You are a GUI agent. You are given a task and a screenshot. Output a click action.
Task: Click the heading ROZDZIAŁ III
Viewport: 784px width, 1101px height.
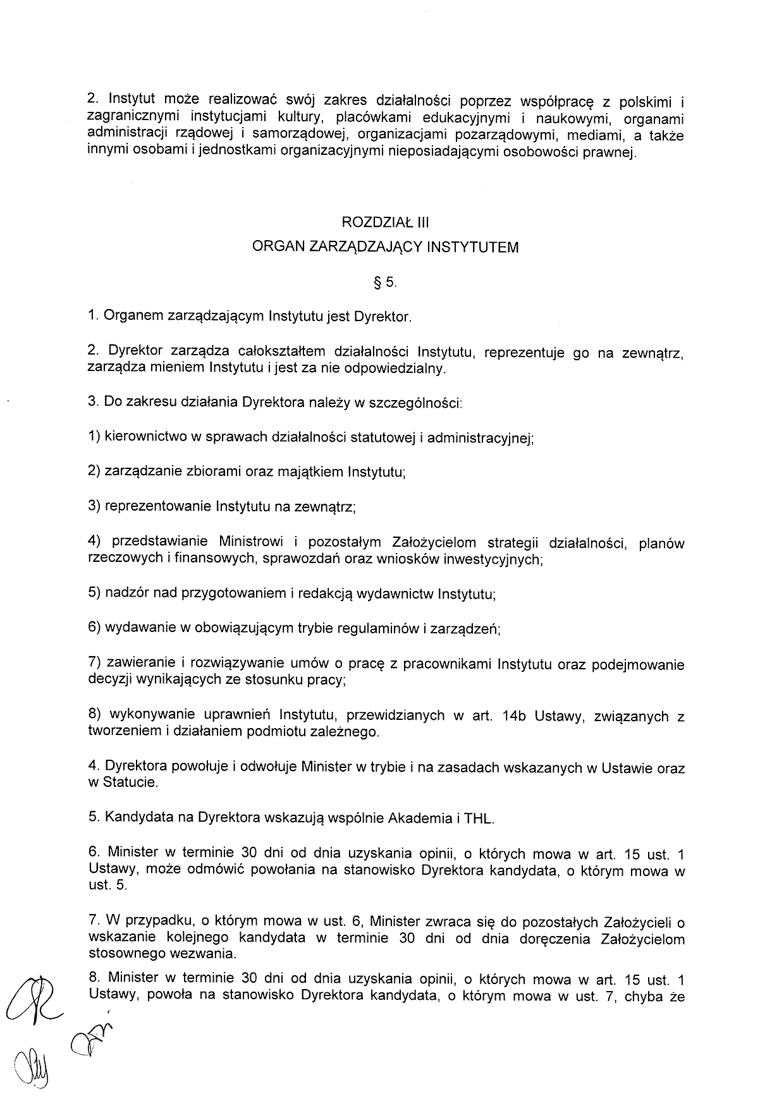(385, 222)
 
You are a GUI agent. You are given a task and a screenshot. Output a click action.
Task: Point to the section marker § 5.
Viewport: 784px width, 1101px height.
(385, 283)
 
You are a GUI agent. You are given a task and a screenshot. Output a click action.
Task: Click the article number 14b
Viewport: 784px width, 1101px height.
(514, 717)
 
